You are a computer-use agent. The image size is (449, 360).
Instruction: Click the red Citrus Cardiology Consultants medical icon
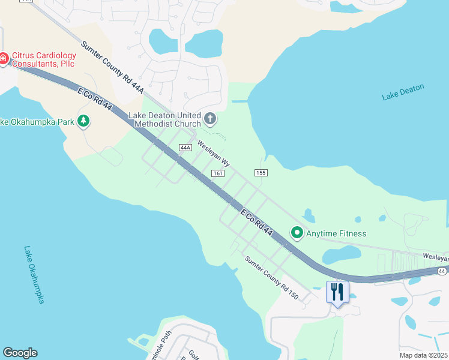2,59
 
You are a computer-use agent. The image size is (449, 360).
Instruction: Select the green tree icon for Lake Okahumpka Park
83,122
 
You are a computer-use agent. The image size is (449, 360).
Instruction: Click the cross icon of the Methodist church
209,119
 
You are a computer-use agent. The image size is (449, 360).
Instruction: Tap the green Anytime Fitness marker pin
296,232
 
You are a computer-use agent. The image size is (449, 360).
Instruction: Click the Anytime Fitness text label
336,233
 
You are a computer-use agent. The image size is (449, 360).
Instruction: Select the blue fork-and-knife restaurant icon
337,292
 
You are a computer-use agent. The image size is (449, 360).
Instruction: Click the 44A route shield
185,148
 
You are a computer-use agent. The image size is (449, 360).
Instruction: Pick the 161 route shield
218,173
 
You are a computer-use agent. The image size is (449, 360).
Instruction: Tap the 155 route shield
261,173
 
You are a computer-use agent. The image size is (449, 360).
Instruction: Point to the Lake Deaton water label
403,92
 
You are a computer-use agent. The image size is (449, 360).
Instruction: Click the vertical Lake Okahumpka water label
34,274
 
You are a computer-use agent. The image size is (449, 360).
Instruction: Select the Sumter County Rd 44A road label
112,67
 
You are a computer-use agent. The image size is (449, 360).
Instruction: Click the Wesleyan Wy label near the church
214,154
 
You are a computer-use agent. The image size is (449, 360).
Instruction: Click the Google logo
20,353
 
